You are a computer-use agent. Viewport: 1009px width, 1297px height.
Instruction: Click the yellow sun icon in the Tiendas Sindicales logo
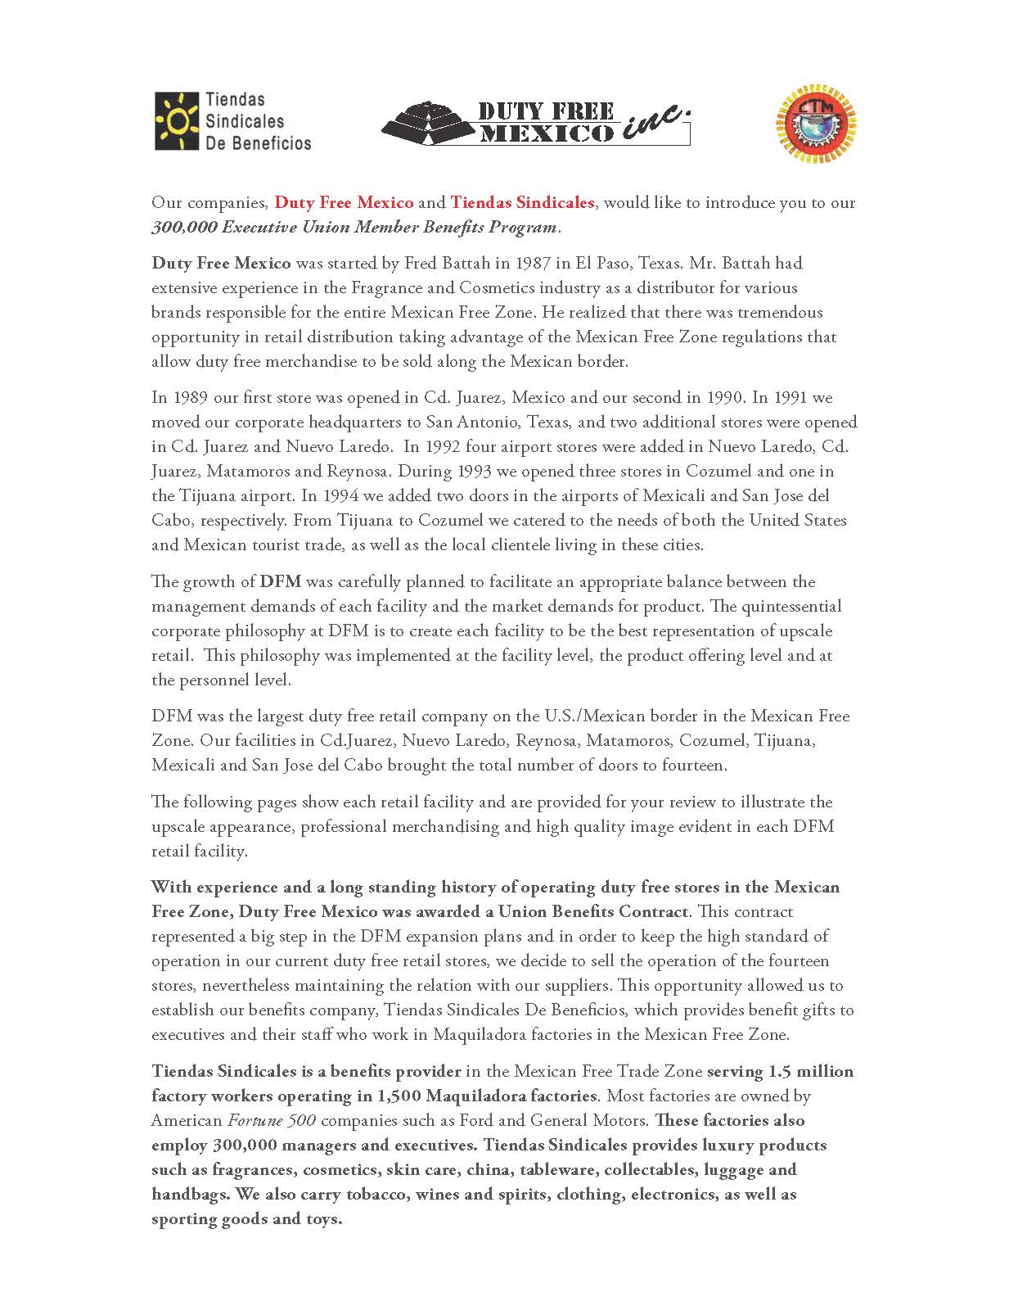(x=176, y=120)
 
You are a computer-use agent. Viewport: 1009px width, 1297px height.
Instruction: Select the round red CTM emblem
(x=815, y=121)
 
